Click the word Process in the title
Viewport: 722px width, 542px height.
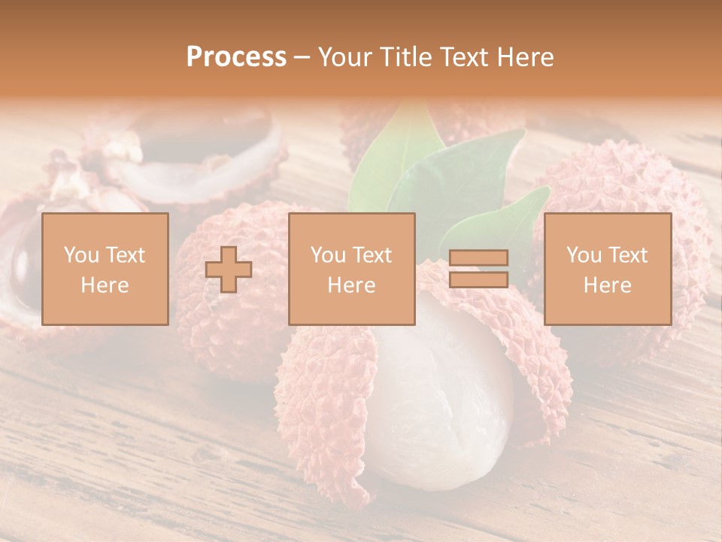(x=236, y=57)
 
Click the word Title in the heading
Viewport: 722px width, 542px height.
(x=405, y=57)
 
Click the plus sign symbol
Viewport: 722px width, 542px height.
(x=229, y=269)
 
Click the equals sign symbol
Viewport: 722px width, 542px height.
(x=478, y=269)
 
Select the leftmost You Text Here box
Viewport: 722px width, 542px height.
(x=105, y=269)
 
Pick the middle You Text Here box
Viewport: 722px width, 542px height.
(x=351, y=269)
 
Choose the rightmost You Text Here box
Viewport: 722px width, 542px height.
(x=607, y=269)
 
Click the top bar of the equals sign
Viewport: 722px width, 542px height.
(x=478, y=258)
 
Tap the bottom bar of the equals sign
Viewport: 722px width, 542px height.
(x=478, y=279)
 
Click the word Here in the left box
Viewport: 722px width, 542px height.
(x=105, y=285)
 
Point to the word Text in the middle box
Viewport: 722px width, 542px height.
(x=372, y=255)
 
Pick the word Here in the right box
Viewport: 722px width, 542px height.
(x=607, y=285)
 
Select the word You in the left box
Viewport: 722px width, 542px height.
(x=81, y=255)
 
